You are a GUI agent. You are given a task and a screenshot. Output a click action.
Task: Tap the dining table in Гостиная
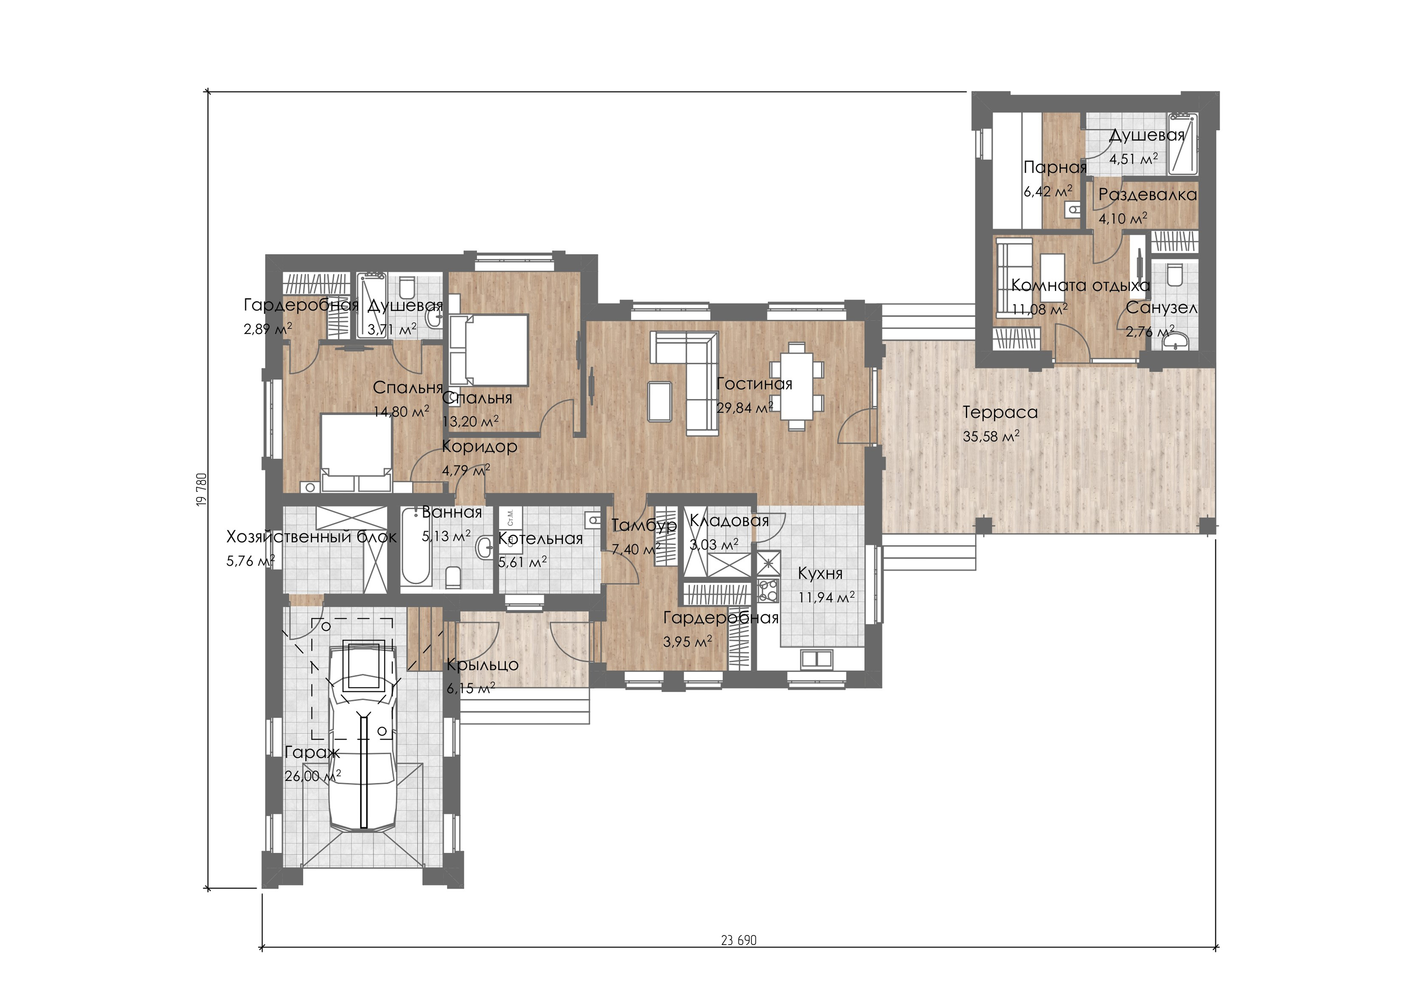797,387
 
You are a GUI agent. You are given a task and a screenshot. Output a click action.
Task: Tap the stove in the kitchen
768,590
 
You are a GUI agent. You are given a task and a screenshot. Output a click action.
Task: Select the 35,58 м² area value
991,436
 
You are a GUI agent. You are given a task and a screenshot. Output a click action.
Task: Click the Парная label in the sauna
1055,168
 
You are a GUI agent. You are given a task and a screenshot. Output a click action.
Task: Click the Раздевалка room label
1148,195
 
